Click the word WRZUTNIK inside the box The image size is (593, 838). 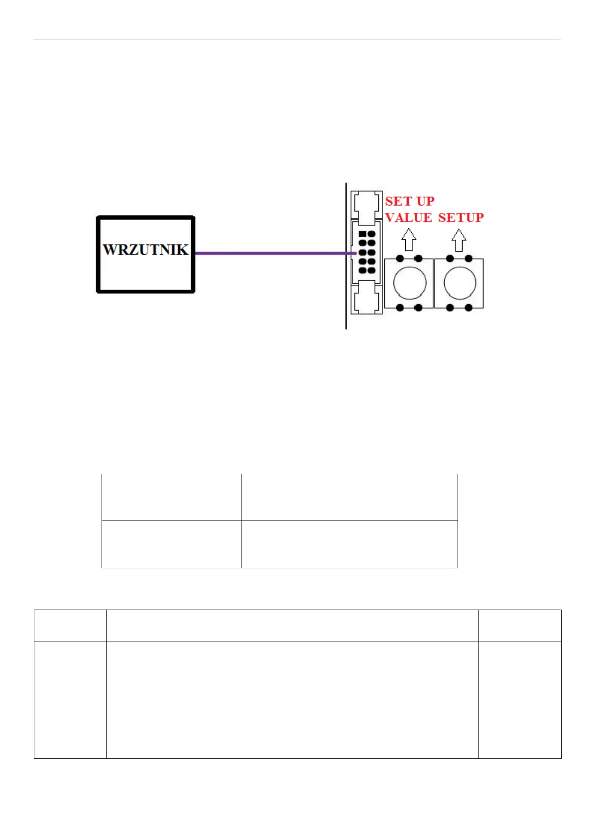point(145,249)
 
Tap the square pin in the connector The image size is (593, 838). point(362,233)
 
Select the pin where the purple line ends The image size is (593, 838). point(362,252)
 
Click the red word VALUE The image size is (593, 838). point(408,218)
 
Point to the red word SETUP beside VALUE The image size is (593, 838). point(461,218)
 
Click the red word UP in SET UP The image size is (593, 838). point(425,202)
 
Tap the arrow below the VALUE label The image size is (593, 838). point(409,240)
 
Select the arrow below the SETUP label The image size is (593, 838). point(459,240)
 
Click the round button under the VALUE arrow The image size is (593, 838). point(409,283)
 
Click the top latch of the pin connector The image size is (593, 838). point(366,206)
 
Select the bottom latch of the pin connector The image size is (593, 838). point(366,298)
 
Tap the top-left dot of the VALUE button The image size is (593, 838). point(400,258)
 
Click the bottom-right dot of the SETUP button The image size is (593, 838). point(469,308)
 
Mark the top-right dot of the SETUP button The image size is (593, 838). point(469,258)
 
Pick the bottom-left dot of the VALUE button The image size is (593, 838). point(400,308)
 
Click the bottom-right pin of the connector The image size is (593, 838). point(371,270)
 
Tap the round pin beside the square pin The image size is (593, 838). point(371,233)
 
